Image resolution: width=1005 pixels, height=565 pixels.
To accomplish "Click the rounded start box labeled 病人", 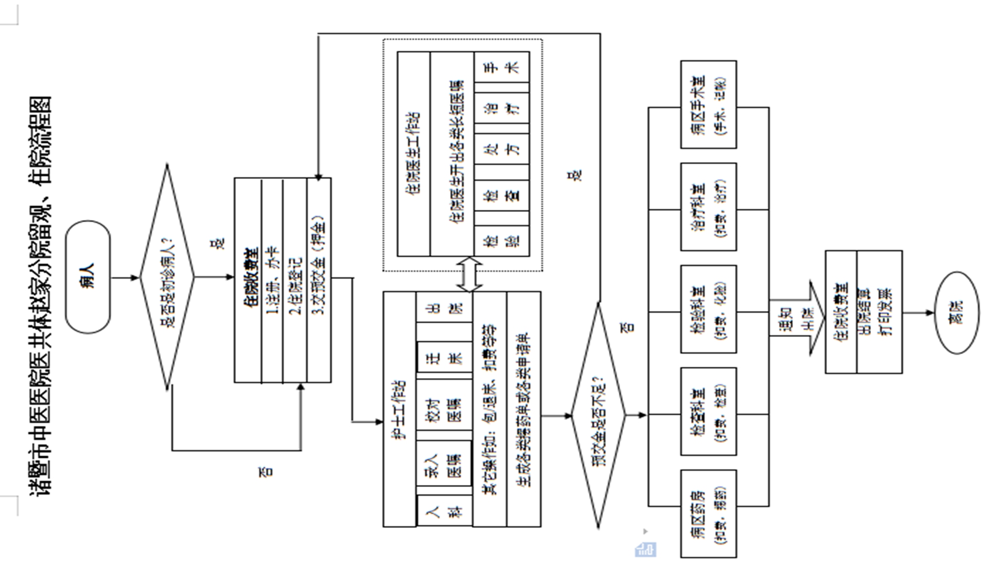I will click(x=88, y=277).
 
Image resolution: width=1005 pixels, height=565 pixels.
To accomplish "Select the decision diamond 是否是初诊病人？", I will click(x=167, y=277).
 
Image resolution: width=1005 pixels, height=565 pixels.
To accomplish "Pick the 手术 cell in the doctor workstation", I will click(x=502, y=67).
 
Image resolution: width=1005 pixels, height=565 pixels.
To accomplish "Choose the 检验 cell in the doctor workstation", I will click(x=502, y=240).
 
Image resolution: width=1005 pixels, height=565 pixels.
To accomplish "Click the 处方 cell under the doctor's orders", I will click(x=502, y=149).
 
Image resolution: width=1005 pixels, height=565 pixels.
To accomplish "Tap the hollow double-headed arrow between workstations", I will click(x=469, y=274).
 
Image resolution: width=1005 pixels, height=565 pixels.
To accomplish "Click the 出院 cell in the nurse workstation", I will click(x=444, y=307).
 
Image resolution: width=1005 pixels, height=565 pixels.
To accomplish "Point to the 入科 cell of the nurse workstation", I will click(x=444, y=511).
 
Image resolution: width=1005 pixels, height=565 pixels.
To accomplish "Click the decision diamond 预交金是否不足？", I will click(x=598, y=416).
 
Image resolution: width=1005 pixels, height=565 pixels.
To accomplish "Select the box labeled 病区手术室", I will click(x=708, y=105).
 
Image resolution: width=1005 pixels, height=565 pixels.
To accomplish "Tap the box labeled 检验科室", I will click(x=708, y=309).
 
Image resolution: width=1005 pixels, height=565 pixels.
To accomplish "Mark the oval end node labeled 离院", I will click(x=957, y=312).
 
